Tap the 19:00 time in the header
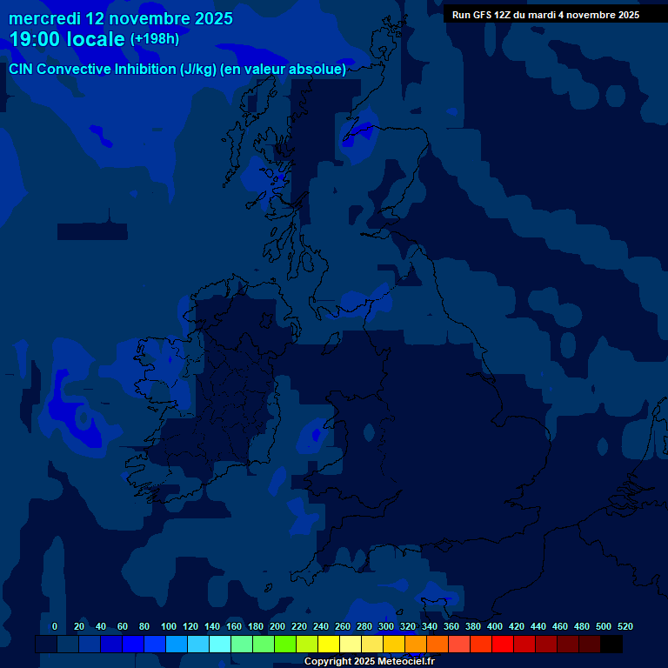tap(35, 39)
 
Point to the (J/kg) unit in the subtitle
tap(199, 70)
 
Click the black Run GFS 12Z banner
tap(545, 15)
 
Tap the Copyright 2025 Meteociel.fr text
tap(369, 661)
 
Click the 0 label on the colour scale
tap(55, 626)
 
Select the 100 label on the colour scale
tap(169, 626)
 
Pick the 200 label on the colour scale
tap(277, 626)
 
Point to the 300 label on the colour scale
tap(386, 626)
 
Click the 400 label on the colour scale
tap(495, 626)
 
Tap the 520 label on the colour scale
tap(625, 626)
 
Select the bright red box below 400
tap(503, 645)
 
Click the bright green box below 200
tap(285, 645)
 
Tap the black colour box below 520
tap(611, 645)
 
